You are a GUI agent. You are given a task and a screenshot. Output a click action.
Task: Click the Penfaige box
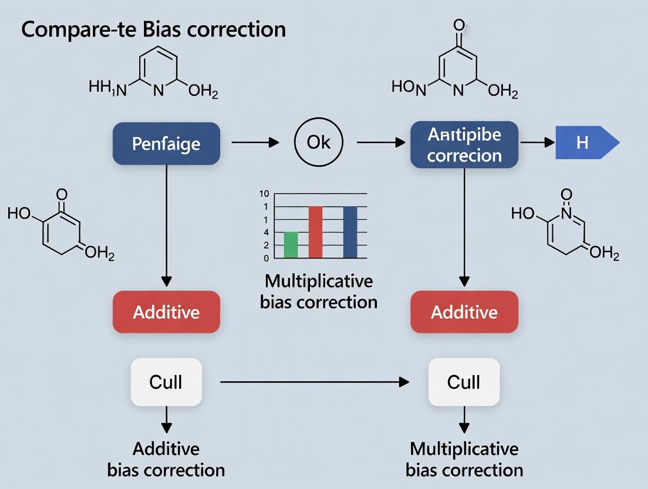coord(166,143)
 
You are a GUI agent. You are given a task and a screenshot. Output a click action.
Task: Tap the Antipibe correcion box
coord(464,144)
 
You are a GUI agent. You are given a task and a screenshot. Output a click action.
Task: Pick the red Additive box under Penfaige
coord(166,312)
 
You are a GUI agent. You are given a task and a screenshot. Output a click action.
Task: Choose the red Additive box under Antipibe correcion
coord(464,312)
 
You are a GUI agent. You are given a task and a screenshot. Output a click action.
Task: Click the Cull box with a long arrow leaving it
coord(166,382)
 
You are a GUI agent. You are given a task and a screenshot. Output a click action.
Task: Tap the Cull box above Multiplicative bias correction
coord(464,382)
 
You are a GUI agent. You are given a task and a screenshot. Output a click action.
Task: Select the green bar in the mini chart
coord(291,244)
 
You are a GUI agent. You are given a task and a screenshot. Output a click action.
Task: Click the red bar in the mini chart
coord(316,232)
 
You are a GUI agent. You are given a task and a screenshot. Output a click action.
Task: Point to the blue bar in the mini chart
coord(350,232)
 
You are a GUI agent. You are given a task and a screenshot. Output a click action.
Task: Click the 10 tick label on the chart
coord(264,195)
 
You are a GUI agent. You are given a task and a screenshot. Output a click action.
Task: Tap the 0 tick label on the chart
coord(266,258)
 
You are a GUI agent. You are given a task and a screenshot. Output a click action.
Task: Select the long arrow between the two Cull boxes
coord(314,382)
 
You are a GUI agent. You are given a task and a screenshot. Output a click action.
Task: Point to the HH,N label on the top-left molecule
coord(107,89)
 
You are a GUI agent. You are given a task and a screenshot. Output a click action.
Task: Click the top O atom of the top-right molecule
coord(459,25)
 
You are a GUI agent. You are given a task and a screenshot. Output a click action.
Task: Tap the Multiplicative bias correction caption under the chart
coord(318,292)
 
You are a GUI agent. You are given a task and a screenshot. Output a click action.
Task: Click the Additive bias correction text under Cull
coord(166,460)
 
